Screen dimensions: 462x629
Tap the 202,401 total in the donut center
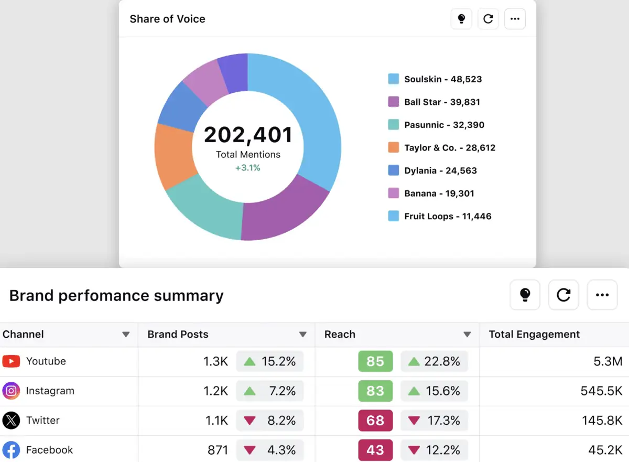pyautogui.click(x=248, y=135)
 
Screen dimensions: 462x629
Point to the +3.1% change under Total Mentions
pyautogui.click(x=248, y=168)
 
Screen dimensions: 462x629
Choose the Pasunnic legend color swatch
pyautogui.click(x=394, y=125)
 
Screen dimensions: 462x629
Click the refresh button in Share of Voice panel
pyautogui.click(x=488, y=19)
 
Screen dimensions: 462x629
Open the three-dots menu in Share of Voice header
pyautogui.click(x=515, y=19)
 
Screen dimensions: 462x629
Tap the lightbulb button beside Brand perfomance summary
pyautogui.click(x=525, y=295)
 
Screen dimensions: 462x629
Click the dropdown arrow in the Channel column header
pyautogui.click(x=126, y=335)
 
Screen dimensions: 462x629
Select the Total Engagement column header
pyautogui.click(x=534, y=335)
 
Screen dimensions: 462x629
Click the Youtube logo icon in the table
pyautogui.click(x=11, y=361)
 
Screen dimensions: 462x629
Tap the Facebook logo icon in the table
pyautogui.click(x=11, y=450)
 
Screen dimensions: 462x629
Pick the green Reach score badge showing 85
pyautogui.click(x=375, y=361)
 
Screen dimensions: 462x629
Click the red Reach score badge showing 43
pyautogui.click(x=375, y=450)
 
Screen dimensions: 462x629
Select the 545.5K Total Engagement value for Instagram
pyautogui.click(x=602, y=391)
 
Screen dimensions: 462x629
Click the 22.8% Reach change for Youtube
pyautogui.click(x=434, y=361)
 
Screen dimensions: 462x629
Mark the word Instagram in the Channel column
pyautogui.click(x=50, y=391)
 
